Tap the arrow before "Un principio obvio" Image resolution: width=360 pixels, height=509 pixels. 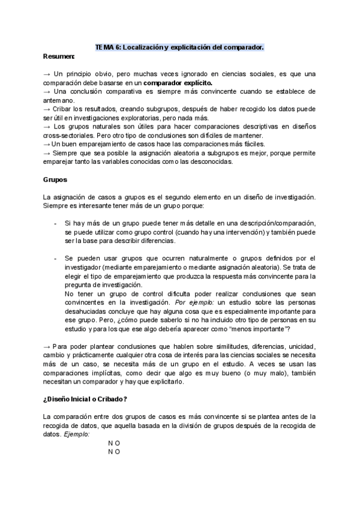click(47, 73)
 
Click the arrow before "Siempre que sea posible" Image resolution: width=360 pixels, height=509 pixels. click(47, 154)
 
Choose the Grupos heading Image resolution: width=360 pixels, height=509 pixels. click(55, 179)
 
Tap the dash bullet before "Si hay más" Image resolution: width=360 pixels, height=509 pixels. click(55, 223)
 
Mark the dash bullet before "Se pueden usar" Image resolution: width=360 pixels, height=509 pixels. click(55, 258)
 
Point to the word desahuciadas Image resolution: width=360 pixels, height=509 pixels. click(89, 312)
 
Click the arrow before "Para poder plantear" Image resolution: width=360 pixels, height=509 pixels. click(47, 348)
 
